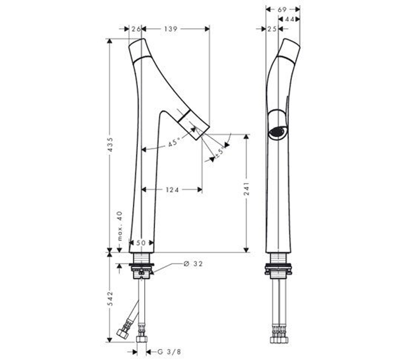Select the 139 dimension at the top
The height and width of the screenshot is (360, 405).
[171, 30]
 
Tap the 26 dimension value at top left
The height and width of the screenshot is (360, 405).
[135, 30]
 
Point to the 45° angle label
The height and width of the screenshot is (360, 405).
[174, 143]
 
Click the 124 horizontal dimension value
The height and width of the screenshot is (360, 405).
[172, 190]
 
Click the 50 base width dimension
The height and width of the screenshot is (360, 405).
[141, 244]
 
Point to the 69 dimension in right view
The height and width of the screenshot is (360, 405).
[283, 9]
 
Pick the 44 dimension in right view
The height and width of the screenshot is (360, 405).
[291, 19]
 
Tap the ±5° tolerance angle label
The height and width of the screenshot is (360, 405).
[221, 151]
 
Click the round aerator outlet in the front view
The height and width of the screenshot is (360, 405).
[277, 133]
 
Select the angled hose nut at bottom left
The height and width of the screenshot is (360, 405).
[123, 334]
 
